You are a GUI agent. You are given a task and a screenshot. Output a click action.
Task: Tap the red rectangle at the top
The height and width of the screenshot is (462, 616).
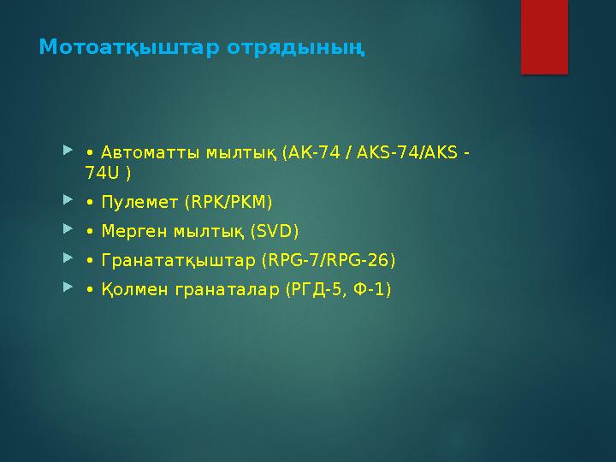[544, 37]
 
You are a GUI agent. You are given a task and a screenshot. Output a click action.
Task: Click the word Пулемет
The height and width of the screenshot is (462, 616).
[139, 203]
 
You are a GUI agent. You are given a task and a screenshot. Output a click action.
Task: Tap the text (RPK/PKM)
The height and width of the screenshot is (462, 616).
[228, 203]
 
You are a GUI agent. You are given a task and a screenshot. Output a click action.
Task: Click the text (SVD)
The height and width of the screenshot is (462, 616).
[275, 232]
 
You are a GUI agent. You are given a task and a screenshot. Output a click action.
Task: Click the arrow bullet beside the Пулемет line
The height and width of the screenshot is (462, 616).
[68, 202]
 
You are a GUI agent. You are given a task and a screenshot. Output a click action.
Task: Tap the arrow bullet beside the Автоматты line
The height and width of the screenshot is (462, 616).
[68, 152]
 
